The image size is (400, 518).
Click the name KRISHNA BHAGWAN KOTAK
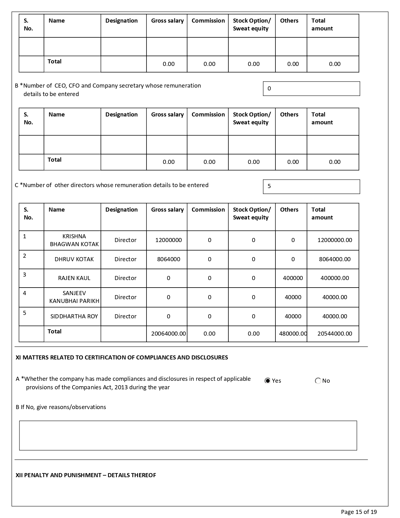point(74,240)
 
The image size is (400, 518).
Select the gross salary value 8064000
point(168,259)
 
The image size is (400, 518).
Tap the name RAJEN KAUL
point(74,278)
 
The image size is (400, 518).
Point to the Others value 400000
point(293,278)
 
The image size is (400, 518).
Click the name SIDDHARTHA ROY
point(74,316)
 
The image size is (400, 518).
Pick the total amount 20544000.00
point(334,334)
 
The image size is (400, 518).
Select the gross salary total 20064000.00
point(168,334)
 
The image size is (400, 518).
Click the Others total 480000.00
point(293,334)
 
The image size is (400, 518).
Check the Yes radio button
point(268,381)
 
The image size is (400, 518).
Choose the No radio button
point(318,381)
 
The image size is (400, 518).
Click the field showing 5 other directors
point(311,186)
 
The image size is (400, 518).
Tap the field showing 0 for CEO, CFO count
point(311,89)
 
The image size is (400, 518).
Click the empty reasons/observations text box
point(188,435)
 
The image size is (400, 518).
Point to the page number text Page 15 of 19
point(359,512)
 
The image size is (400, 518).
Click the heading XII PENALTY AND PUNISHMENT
point(86,475)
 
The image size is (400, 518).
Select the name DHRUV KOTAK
point(74,259)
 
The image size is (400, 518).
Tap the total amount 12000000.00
point(334,240)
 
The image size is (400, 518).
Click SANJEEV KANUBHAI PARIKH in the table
point(74,297)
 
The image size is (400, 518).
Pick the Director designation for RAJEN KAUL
point(125,278)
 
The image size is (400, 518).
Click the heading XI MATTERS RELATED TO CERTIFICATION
point(122,358)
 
